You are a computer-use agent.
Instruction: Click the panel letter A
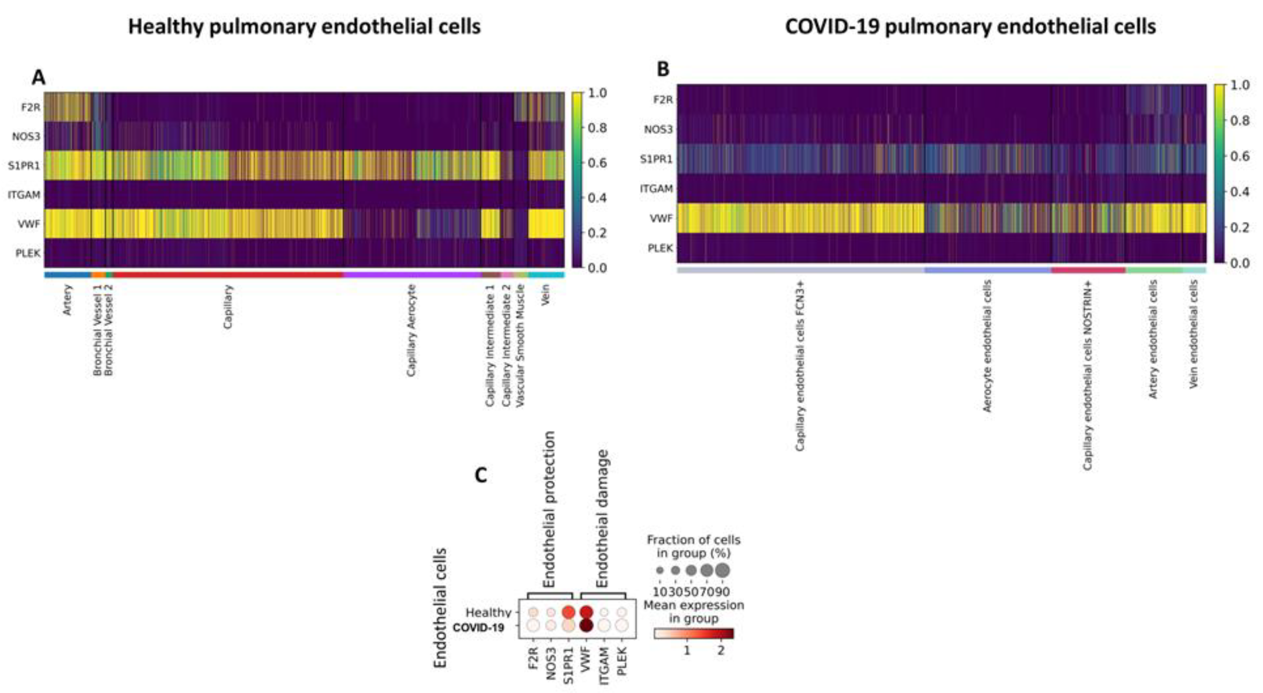(x=38, y=78)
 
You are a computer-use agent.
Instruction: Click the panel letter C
(x=481, y=475)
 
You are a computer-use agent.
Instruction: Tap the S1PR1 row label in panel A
(x=24, y=166)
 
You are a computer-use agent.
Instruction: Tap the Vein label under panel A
(x=545, y=295)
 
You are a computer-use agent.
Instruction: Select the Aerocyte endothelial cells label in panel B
(x=987, y=345)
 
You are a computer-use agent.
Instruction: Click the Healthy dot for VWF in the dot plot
(x=586, y=612)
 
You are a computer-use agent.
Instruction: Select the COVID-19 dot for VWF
(x=586, y=625)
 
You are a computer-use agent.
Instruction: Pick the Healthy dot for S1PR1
(x=568, y=612)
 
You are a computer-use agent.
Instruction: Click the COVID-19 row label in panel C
(x=478, y=627)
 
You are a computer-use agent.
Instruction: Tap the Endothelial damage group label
(x=602, y=519)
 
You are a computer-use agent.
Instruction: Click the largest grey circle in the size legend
(x=722, y=570)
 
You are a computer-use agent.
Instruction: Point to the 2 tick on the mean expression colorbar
(x=720, y=651)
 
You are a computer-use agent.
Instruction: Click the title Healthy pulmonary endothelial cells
(x=304, y=27)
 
